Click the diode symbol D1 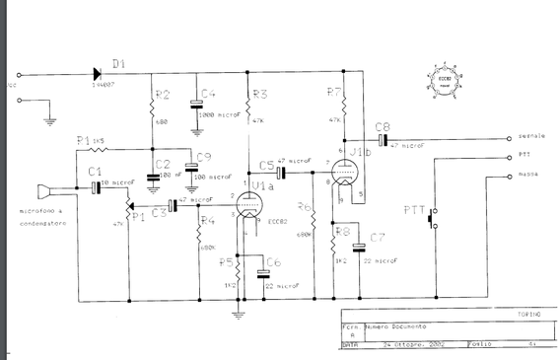tap(99, 72)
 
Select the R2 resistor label tap(164, 95)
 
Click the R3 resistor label tap(260, 95)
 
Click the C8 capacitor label tap(383, 126)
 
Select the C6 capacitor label tap(273, 261)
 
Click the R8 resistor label tap(342, 234)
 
